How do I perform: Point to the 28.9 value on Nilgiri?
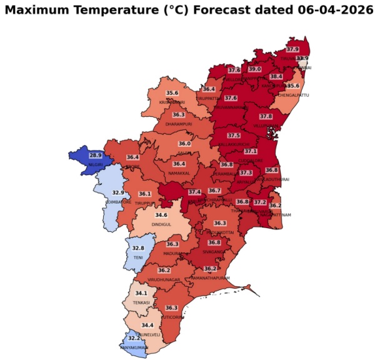point(95,155)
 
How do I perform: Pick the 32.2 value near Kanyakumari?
point(126,337)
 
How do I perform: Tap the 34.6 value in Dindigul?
point(161,215)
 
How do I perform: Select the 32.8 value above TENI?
point(138,248)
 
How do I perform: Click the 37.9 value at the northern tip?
point(292,49)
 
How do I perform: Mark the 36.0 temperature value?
point(184,144)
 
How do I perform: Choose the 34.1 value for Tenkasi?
point(141,293)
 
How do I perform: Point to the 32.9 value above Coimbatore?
point(117,192)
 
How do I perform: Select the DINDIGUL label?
point(161,224)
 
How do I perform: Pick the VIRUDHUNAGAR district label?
point(164,279)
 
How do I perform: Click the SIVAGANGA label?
point(214,252)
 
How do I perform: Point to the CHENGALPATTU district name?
point(294,94)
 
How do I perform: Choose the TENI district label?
point(138,257)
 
